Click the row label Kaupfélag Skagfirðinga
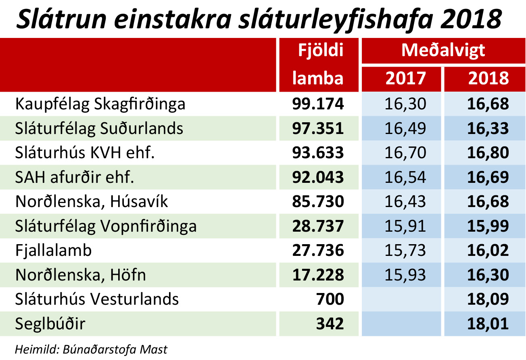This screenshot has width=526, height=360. (x=100, y=105)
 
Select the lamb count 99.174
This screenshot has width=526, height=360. (x=318, y=104)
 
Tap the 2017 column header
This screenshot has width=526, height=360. (x=405, y=78)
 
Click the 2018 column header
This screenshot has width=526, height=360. (x=488, y=78)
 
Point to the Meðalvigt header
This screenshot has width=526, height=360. (x=443, y=51)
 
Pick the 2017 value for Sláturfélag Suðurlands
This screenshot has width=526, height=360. (x=405, y=129)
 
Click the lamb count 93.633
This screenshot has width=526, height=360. (x=318, y=153)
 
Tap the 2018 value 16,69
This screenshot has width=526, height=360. (x=488, y=178)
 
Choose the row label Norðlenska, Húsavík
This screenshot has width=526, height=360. (x=92, y=202)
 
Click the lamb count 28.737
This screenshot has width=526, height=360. (x=318, y=226)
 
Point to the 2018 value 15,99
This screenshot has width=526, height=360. (x=488, y=226)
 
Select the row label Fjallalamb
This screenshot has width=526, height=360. (x=54, y=251)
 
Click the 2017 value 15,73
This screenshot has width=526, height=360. (x=405, y=251)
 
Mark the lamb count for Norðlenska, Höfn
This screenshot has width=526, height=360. (x=318, y=275)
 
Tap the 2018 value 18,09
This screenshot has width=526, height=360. (x=488, y=299)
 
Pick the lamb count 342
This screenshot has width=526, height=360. (x=330, y=324)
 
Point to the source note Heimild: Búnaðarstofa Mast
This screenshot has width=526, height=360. (x=91, y=349)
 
